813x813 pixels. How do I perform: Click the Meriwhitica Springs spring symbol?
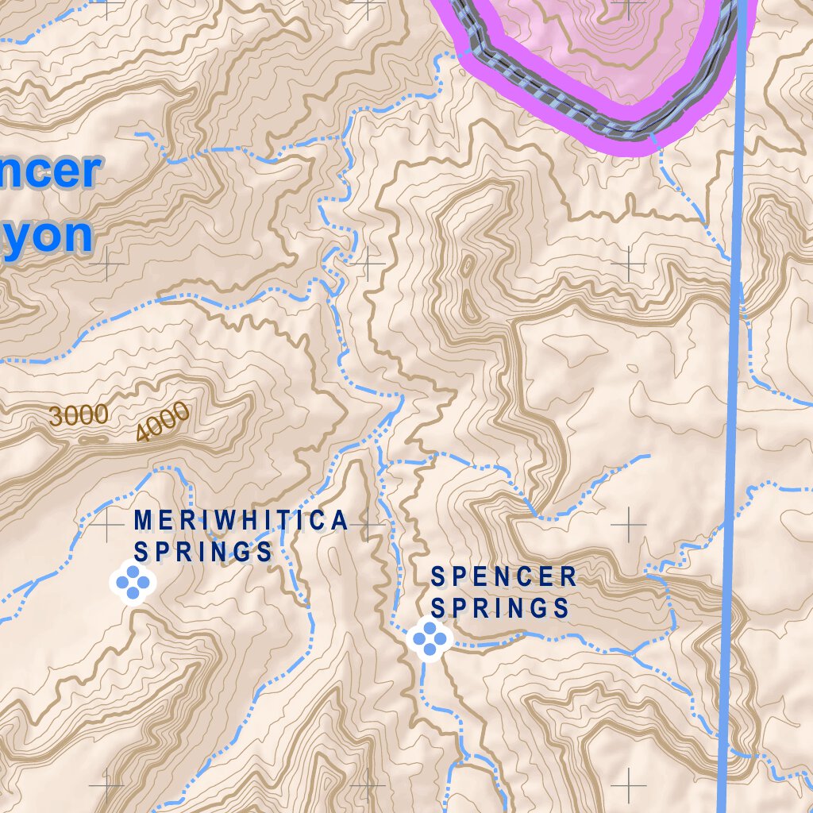pos(133,582)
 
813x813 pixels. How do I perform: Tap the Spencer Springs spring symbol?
pos(430,638)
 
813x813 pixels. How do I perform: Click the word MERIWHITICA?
pos(241,520)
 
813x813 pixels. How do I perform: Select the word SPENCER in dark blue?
pos(503,577)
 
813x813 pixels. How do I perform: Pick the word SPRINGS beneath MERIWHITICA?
pos(203,551)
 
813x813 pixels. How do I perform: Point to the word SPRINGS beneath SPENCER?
pos(500,608)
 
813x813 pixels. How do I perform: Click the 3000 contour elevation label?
pos(79,414)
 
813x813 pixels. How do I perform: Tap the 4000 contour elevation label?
pos(163,421)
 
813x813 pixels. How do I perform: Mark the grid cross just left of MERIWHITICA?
pos(106,524)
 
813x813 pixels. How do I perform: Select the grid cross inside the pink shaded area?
pos(630,8)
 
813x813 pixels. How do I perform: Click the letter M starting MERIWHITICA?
pos(142,520)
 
